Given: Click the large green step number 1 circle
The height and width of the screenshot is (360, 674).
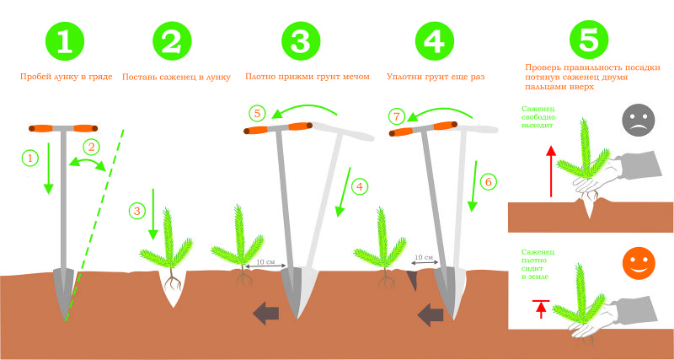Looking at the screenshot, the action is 65,41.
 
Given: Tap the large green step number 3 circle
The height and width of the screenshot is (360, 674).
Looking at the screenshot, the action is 301,41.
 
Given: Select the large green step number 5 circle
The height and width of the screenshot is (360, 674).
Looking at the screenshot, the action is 589,40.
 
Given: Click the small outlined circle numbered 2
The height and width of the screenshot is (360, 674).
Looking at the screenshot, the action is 91,147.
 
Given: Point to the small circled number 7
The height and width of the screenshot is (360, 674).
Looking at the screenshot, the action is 396,116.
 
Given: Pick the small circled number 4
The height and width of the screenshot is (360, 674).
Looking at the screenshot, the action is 360,186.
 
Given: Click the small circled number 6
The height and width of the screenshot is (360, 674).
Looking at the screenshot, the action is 489,182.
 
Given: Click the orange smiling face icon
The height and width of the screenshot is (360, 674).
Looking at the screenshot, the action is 639,262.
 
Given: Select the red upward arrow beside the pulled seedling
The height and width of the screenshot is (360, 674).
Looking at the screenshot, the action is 552,171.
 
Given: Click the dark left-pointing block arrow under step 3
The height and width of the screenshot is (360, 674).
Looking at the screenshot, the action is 266,312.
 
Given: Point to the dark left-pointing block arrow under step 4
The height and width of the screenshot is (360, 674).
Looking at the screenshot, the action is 431,314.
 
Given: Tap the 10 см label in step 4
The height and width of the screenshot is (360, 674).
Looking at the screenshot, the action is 423,257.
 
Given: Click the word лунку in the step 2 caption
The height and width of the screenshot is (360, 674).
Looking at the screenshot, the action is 218,77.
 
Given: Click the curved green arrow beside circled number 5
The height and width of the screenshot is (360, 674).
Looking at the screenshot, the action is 305,110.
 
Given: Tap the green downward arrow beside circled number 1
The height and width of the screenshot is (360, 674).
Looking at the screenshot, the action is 48,168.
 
